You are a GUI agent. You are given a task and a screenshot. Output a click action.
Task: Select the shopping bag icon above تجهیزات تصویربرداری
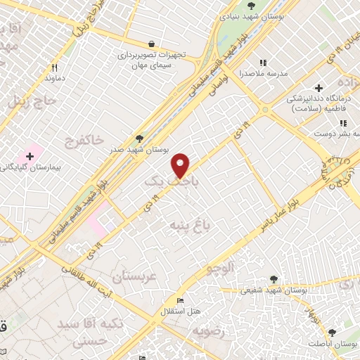[150, 44]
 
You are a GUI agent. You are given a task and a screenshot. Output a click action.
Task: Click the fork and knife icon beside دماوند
[54, 68]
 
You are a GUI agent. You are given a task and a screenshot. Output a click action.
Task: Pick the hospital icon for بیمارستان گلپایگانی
[31, 155]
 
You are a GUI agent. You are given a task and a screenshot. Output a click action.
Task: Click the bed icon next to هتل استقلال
[180, 300]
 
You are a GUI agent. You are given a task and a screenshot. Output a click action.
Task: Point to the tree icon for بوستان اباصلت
[333, 333]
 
